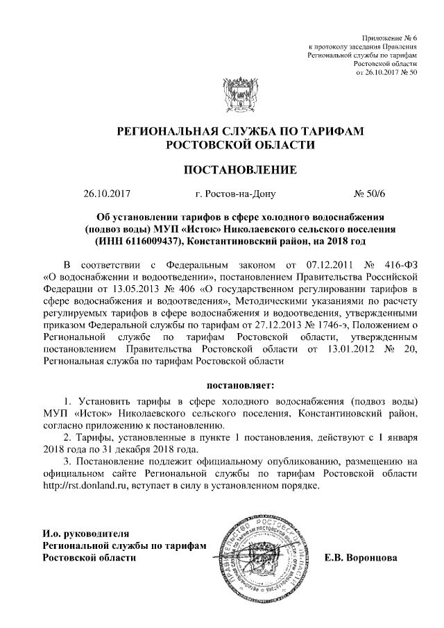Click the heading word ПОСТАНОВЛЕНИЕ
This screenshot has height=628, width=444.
[239, 170]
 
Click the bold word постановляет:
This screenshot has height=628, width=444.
[239, 384]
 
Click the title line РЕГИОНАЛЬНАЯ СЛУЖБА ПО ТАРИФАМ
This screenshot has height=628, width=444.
[239, 131]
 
